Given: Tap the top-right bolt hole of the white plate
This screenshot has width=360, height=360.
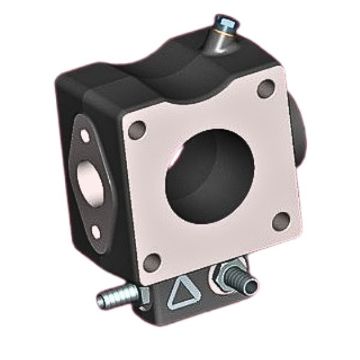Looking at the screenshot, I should coord(265,91).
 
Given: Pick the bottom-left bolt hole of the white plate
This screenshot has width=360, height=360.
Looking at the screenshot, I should coord(151,262).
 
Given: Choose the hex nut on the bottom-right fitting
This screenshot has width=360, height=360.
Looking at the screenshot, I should coord(226,279).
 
